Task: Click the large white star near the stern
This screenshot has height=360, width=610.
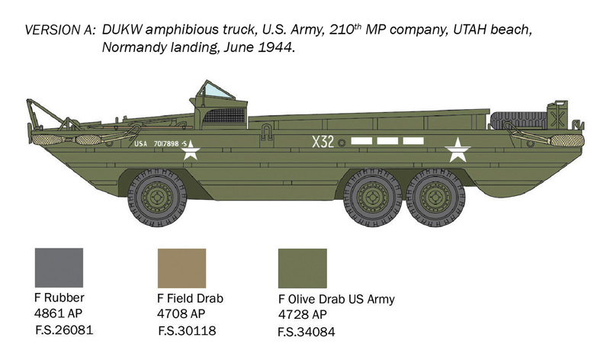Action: pyautogui.click(x=457, y=149)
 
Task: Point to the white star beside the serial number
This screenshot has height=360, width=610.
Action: pyautogui.click(x=190, y=149)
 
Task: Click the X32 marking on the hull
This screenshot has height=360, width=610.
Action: pyautogui.click(x=322, y=142)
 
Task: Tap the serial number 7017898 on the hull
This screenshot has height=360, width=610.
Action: pyautogui.click(x=166, y=143)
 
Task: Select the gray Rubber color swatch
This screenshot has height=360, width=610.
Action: pyautogui.click(x=59, y=267)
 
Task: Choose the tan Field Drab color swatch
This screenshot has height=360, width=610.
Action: pyautogui.click(x=181, y=267)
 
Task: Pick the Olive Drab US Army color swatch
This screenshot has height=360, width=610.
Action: pyautogui.click(x=302, y=268)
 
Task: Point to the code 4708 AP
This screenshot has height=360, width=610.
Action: pyautogui.click(x=181, y=313)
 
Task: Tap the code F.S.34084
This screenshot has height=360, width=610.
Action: pyautogui.click(x=307, y=332)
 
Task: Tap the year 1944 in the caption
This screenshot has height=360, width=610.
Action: pyautogui.click(x=276, y=47)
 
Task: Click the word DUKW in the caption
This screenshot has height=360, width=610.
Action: pyautogui.click(x=121, y=30)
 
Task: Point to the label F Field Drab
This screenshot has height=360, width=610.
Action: pyautogui.click(x=191, y=298)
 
